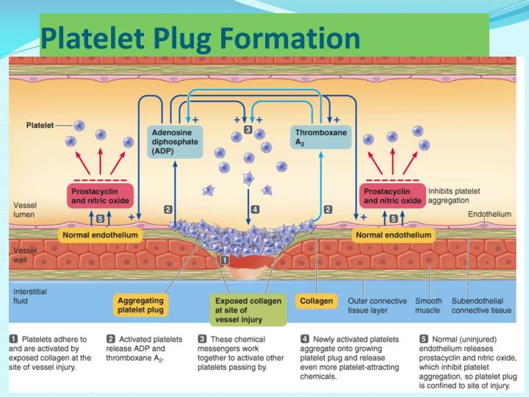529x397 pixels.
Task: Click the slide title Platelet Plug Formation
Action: tap(200, 37)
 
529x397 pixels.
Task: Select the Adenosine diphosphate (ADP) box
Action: tap(174, 140)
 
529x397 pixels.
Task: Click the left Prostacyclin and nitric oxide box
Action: tap(100, 195)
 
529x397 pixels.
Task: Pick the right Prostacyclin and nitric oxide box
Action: tap(393, 195)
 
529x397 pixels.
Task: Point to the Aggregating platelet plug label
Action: tap(143, 306)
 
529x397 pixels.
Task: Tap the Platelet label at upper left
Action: tap(40, 125)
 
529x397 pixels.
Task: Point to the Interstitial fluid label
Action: tap(30, 296)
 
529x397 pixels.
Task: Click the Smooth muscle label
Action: tap(428, 305)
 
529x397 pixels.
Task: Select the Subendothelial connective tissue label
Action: tap(481, 305)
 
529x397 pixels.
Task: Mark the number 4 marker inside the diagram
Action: tap(255, 210)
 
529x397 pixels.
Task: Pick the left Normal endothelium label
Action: tap(100, 235)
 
